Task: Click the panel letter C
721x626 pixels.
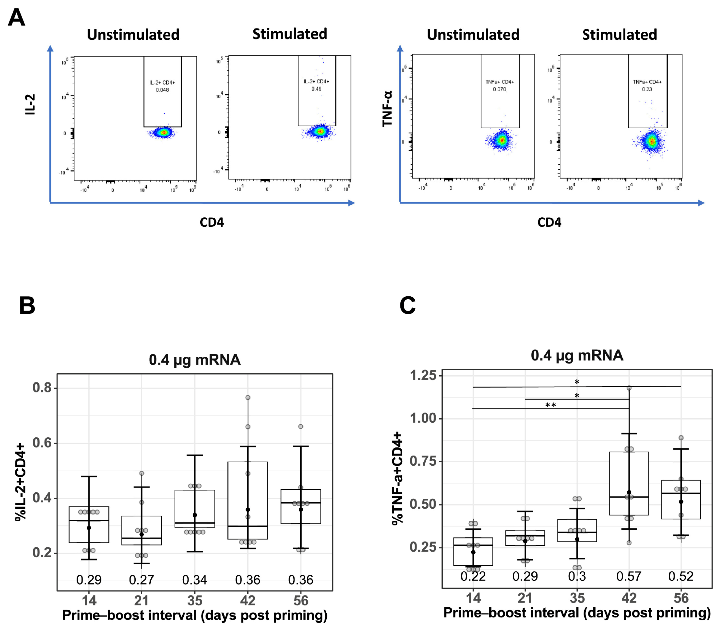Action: coord(407,305)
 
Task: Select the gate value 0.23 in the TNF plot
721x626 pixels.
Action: coord(647,89)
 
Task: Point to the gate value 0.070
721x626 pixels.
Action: coord(499,89)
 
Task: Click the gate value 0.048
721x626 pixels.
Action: coord(162,90)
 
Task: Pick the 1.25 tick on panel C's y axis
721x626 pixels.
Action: coord(423,376)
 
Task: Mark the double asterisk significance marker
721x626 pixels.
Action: coord(551,405)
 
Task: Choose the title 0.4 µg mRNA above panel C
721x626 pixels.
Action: coord(577,355)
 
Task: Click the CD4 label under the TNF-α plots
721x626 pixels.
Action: coord(549,222)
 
